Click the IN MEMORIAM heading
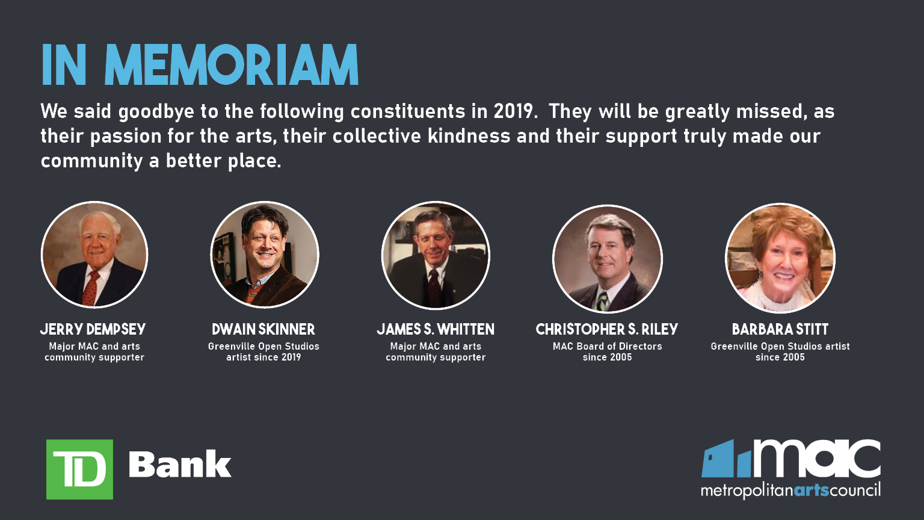tap(200, 65)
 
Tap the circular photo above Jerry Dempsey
tap(94, 255)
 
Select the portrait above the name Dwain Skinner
tap(265, 255)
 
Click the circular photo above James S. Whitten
tap(436, 255)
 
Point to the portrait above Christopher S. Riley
tap(607, 258)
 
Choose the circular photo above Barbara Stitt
tap(780, 258)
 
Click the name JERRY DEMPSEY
tap(93, 329)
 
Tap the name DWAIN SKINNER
tap(263, 329)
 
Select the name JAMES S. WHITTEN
tap(436, 329)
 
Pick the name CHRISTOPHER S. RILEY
tap(607, 329)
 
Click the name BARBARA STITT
tap(780, 329)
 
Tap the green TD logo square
tap(79, 469)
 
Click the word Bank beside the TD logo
tap(180, 465)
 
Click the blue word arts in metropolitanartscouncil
tap(811, 491)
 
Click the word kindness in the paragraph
tap(469, 136)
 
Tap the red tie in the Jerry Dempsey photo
tap(91, 288)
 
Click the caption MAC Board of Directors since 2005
tap(607, 351)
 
